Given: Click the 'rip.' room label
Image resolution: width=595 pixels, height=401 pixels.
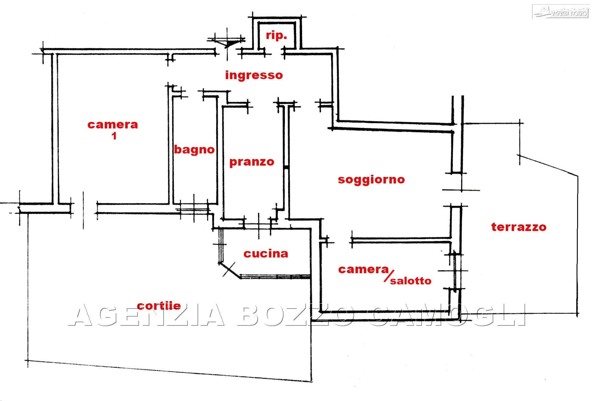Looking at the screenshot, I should (276, 35).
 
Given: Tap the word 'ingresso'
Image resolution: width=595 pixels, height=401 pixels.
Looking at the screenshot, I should (254, 75).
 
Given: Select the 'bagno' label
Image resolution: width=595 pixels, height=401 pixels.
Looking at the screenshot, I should (194, 150).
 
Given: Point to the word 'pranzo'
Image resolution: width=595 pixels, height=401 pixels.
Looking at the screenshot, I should (252, 162).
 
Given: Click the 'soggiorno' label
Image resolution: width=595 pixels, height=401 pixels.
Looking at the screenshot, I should (371, 180).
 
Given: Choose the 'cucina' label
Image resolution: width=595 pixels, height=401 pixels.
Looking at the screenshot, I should (266, 254).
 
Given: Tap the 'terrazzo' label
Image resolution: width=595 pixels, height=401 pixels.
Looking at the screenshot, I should (519, 227).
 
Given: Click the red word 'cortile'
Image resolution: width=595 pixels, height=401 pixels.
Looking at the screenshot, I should (159, 306).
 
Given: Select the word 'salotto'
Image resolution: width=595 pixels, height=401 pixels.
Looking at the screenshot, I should (411, 281).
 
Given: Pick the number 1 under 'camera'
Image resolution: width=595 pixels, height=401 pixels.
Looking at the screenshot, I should (114, 136).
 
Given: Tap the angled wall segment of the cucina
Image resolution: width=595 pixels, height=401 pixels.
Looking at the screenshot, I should (230, 270).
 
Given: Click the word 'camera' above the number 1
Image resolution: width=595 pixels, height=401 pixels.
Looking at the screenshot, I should (113, 125).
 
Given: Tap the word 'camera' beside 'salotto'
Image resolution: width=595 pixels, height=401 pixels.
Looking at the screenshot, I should (363, 269).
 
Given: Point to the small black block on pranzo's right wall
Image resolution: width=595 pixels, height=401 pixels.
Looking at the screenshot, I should (286, 168).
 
